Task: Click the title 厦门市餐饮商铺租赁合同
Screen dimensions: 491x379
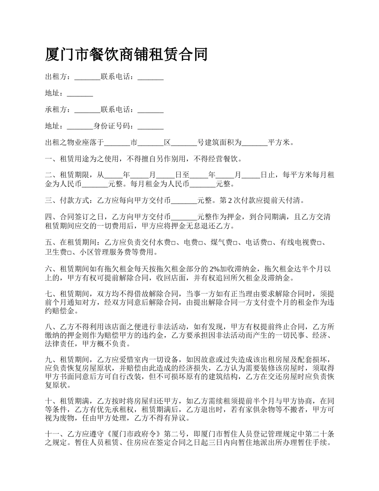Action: pyautogui.click(x=126, y=55)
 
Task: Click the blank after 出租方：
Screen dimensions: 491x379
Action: pyautogui.click(x=87, y=77)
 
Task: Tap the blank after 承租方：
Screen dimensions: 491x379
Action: pyautogui.click(x=87, y=110)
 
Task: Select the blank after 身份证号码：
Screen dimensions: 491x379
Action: pyautogui.click(x=150, y=127)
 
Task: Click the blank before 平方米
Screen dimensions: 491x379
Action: pyautogui.click(x=255, y=143)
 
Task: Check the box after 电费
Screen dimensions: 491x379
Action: pyautogui.click(x=201, y=242)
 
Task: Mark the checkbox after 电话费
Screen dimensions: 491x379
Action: pyautogui.click(x=270, y=242)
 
